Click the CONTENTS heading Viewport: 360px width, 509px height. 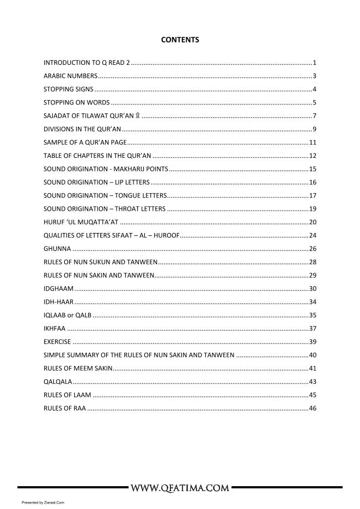point(180,40)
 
